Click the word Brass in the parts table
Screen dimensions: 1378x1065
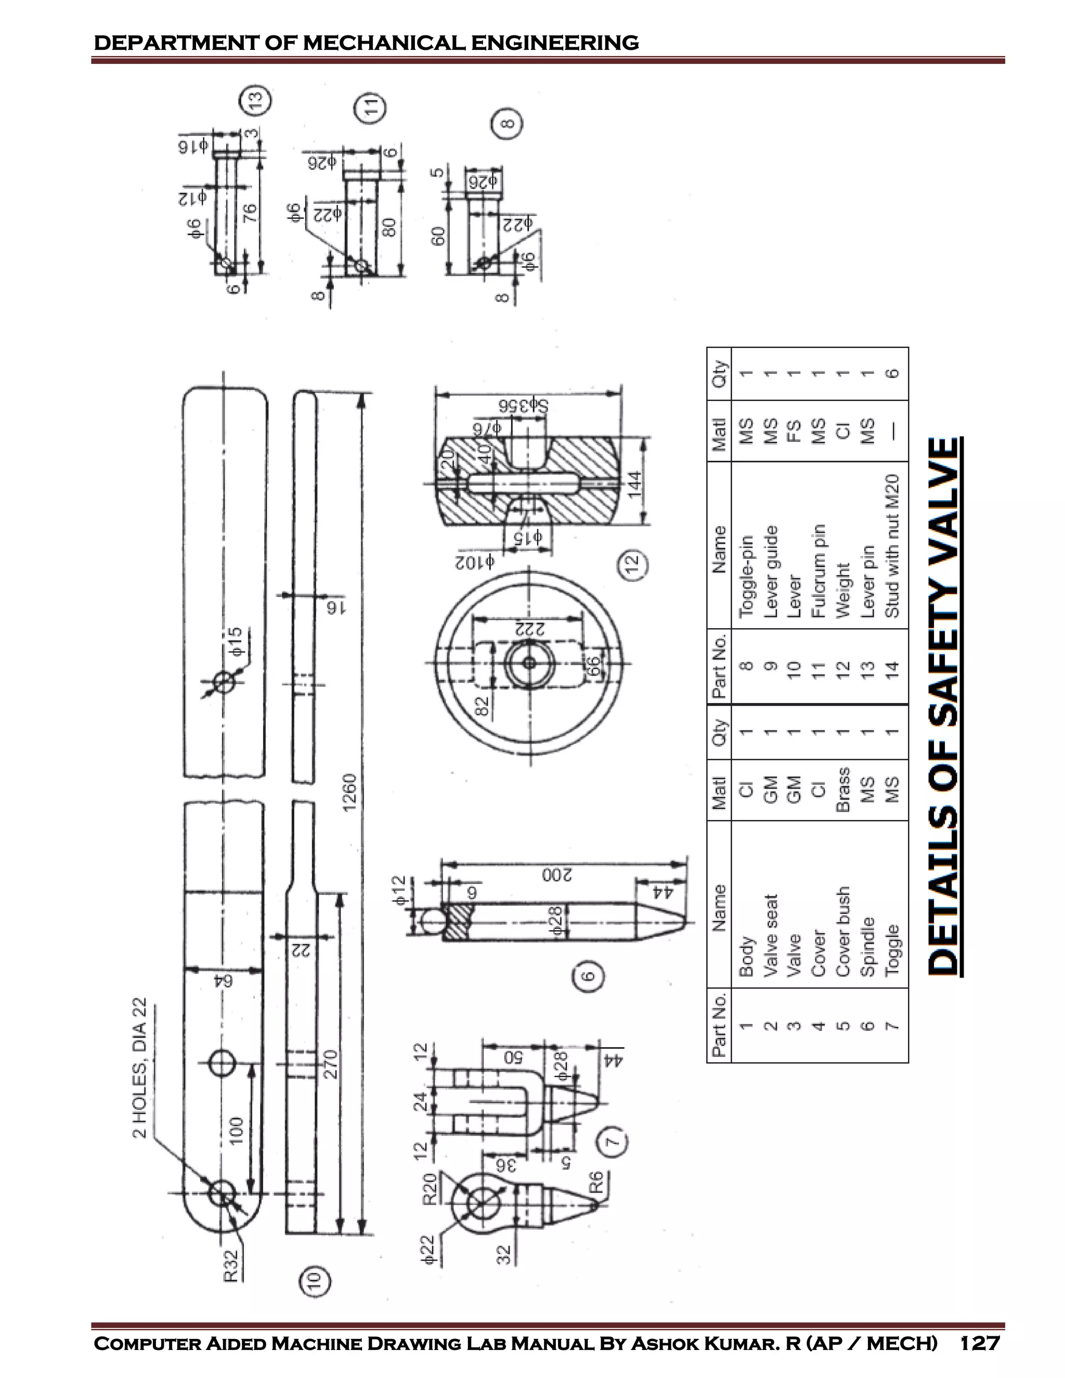[x=842, y=789]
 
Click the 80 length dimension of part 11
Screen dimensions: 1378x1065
[x=389, y=227]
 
